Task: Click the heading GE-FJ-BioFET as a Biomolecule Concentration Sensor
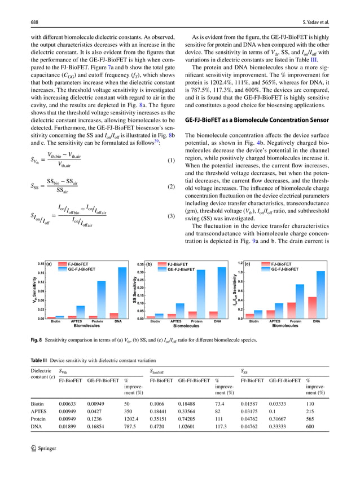(x=255, y=120)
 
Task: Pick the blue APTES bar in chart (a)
(x=81, y=312)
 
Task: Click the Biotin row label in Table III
(x=37, y=404)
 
